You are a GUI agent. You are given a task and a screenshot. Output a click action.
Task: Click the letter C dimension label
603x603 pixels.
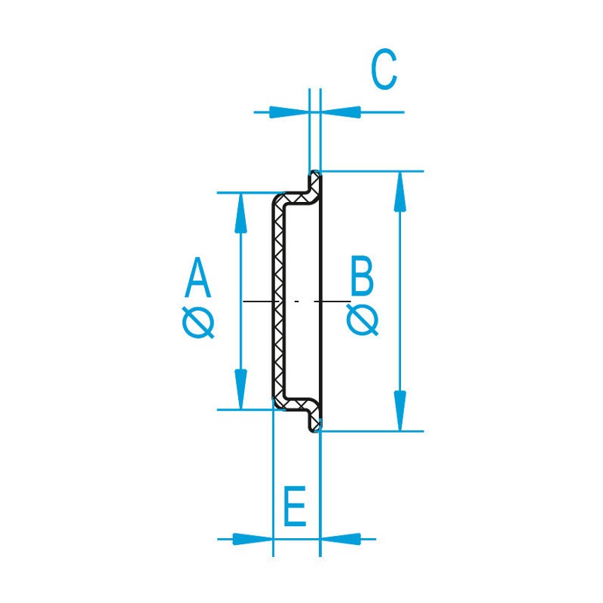(x=384, y=69)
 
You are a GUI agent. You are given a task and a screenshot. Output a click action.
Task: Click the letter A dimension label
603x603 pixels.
(x=197, y=277)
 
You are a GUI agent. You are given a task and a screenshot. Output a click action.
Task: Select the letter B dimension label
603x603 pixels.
(x=362, y=276)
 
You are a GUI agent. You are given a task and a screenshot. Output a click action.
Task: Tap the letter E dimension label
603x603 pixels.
(x=295, y=506)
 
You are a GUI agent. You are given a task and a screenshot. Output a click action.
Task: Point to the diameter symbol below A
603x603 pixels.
(x=198, y=323)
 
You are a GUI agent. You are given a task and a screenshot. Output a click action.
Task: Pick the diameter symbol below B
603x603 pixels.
(x=363, y=319)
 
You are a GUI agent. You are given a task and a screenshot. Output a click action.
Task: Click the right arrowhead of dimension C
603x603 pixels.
(x=341, y=112)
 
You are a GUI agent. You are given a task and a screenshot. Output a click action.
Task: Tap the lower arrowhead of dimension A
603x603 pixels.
(x=240, y=389)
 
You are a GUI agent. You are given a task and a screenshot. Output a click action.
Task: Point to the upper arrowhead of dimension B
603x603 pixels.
(x=400, y=191)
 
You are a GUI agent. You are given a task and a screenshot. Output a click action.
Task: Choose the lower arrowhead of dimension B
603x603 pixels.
(x=400, y=410)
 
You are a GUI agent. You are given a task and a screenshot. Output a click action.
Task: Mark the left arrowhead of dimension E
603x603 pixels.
(x=253, y=539)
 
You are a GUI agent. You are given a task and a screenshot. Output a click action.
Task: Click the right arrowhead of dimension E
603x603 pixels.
(x=341, y=539)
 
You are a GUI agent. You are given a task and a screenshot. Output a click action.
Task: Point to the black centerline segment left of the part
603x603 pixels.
(x=258, y=300)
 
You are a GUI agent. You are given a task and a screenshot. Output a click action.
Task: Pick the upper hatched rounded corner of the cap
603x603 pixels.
(x=280, y=200)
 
